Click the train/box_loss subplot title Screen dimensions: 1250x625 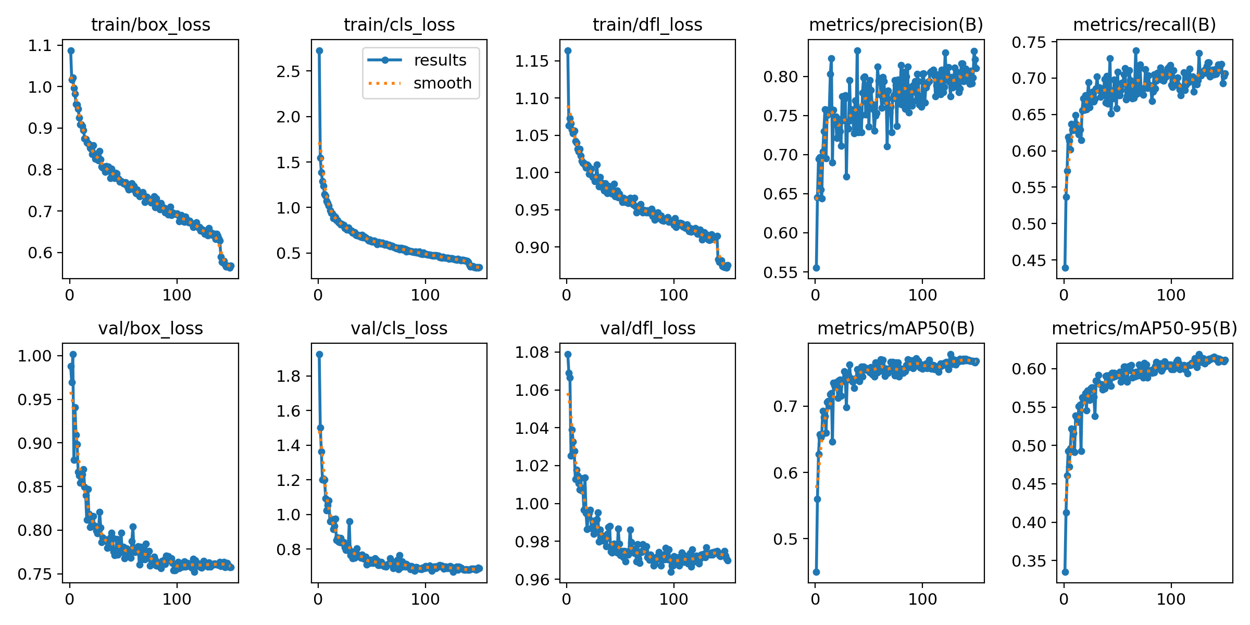click(x=151, y=24)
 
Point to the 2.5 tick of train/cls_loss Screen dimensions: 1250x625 click(x=289, y=71)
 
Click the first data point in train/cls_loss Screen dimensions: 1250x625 click(x=319, y=51)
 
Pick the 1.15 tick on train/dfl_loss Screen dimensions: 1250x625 click(x=532, y=61)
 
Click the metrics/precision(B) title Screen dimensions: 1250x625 click(x=896, y=24)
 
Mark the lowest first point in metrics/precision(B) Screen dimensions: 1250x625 click(x=816, y=268)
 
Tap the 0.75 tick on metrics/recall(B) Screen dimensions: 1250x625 click(x=1029, y=42)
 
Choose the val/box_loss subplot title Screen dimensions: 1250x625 click(x=151, y=328)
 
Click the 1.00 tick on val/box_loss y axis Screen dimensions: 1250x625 click(x=35, y=356)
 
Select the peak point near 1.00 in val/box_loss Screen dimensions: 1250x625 click(x=73, y=354)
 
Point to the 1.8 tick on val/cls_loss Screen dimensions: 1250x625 click(x=289, y=376)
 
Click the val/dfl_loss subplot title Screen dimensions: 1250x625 click(x=647, y=328)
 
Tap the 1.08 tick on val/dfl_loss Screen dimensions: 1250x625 click(x=532, y=353)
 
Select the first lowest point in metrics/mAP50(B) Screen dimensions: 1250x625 click(x=816, y=572)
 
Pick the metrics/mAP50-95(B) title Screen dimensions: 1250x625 click(x=1144, y=328)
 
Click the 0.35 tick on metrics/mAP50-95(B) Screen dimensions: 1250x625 click(x=1029, y=561)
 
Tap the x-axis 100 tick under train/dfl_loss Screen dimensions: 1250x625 click(x=673, y=295)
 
